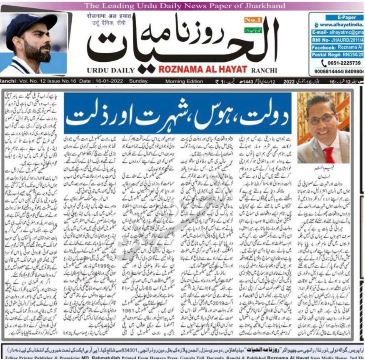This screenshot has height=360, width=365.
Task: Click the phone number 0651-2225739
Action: [x=342, y=63]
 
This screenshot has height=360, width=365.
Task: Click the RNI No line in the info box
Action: [x=337, y=40]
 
